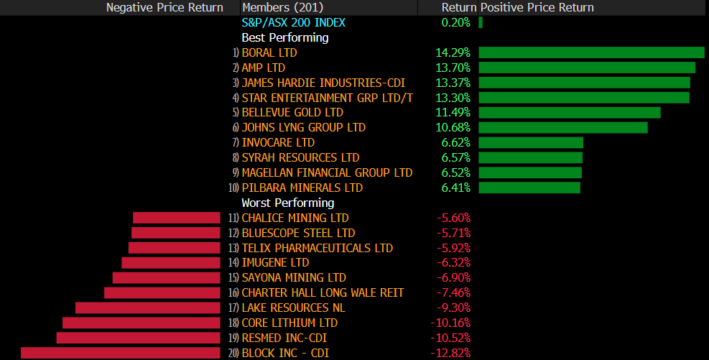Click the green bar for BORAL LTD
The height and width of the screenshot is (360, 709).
[591, 52]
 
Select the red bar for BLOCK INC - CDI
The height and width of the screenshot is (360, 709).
[121, 353]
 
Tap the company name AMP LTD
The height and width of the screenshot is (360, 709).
[263, 68]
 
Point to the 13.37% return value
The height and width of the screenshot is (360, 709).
[453, 83]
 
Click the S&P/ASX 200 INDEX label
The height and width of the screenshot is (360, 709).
[293, 22]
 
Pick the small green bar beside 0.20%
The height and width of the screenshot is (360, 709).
[481, 22]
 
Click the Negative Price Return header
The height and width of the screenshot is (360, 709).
[164, 7]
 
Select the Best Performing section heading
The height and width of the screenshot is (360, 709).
[284, 37]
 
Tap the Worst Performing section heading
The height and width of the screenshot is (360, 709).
[287, 203]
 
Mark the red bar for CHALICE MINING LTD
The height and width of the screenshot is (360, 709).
[176, 218]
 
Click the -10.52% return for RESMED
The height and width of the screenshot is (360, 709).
[450, 338]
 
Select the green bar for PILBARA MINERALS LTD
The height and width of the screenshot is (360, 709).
[529, 188]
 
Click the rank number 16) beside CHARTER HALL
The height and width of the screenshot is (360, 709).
[233, 292]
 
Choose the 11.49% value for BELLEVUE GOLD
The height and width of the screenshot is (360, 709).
[453, 113]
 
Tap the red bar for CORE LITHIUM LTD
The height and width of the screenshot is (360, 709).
[142, 323]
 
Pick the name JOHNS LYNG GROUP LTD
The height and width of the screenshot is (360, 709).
[303, 128]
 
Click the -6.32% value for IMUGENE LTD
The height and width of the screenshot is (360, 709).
[453, 263]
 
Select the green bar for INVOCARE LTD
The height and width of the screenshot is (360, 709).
[531, 143]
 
